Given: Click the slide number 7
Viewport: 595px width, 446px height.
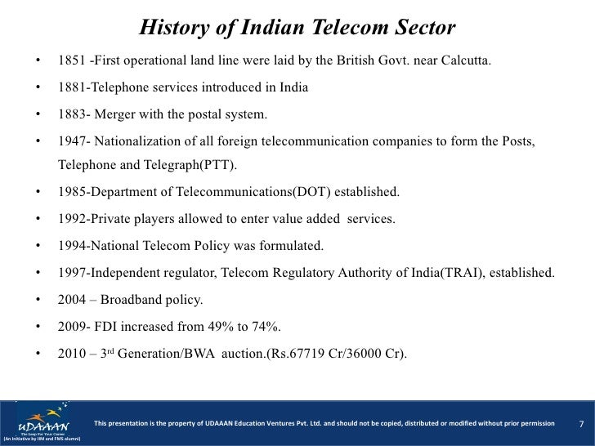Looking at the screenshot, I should [580, 424].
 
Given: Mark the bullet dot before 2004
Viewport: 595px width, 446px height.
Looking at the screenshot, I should [38, 300].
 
